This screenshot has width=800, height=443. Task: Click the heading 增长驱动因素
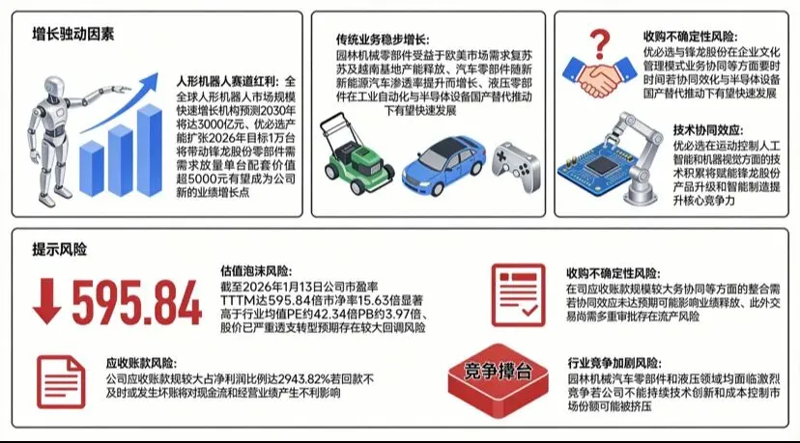pos(73,34)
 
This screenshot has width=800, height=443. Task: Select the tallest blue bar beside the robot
pos(150,151)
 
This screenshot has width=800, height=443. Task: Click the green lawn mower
pos(356,153)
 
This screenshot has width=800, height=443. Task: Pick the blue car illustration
pos(443,166)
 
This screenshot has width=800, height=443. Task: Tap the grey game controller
pos(516,166)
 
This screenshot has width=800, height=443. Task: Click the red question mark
pos(600,43)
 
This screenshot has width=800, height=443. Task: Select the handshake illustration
pos(600,76)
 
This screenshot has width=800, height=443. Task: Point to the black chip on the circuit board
pos(602,165)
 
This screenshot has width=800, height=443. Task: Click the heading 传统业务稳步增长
pos(383,40)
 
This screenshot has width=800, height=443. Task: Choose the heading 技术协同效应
pos(708,130)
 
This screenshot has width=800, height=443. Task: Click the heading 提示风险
pos(60,249)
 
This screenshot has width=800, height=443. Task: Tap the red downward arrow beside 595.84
pos(47,301)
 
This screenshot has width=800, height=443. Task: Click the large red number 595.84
pos(136,303)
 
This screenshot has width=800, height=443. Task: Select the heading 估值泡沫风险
pos(256,271)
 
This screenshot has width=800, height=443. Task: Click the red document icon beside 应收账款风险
pos(61,382)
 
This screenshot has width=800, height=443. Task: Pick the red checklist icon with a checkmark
pos(519,295)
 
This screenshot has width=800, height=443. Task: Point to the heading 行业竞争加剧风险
pos(614,363)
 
